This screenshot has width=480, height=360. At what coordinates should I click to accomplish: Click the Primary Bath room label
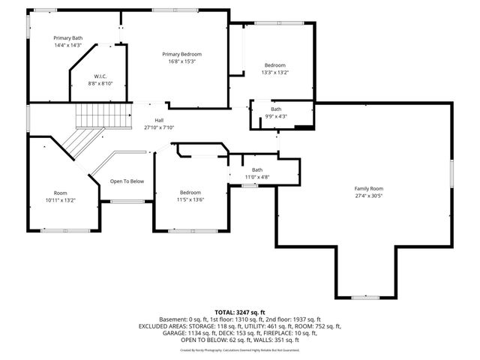point(66,37)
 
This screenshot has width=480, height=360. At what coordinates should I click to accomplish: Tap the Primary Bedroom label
point(182,54)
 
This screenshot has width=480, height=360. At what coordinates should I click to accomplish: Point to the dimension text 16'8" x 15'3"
point(182,61)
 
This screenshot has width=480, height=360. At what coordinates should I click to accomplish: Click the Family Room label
point(368,188)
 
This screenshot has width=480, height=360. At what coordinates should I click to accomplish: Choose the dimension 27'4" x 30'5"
point(368,196)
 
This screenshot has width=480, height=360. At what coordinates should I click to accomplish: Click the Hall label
point(159,120)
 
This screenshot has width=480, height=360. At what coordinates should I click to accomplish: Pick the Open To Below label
point(127,181)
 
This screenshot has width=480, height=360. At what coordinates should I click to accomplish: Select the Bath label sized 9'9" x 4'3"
point(277,109)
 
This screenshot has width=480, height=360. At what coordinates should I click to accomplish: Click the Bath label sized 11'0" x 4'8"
point(257,169)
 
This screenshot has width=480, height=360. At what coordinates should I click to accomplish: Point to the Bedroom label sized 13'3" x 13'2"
point(274,65)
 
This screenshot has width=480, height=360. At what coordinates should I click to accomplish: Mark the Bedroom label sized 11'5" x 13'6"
point(190,193)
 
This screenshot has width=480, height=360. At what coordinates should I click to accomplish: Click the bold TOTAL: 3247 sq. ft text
point(240,312)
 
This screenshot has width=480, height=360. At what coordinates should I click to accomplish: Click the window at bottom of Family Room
point(364,298)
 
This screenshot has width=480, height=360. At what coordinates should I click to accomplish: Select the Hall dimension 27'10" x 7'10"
point(159,127)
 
